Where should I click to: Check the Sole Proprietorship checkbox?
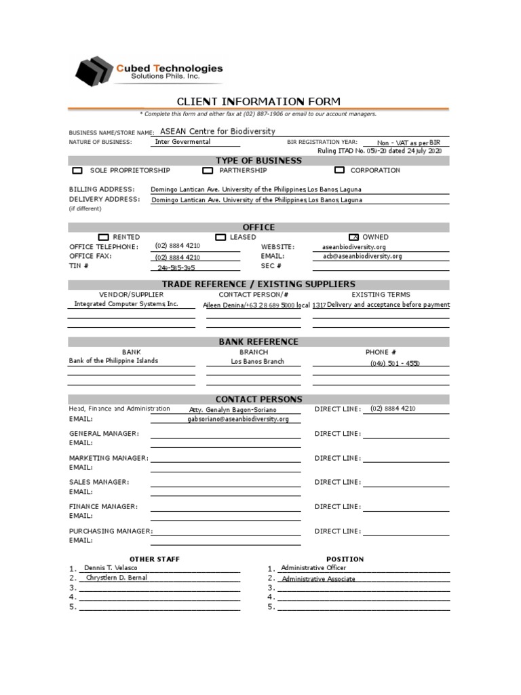(x=77, y=171)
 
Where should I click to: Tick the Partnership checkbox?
(x=208, y=171)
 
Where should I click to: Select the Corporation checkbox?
(x=339, y=171)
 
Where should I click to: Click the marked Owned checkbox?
(x=353, y=238)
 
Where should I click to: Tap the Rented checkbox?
(x=103, y=238)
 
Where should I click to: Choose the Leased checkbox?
(x=220, y=238)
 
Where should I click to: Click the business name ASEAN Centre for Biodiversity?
(x=217, y=132)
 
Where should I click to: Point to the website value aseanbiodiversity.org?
(x=353, y=248)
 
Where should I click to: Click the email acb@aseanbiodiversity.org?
(x=362, y=257)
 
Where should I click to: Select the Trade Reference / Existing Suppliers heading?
(x=258, y=284)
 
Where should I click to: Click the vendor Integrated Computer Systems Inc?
(x=126, y=305)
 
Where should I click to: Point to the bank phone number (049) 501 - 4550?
(x=395, y=364)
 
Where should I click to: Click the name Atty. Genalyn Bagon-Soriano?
(x=233, y=410)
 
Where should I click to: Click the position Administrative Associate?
(x=318, y=579)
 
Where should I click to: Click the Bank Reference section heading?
(x=258, y=342)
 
